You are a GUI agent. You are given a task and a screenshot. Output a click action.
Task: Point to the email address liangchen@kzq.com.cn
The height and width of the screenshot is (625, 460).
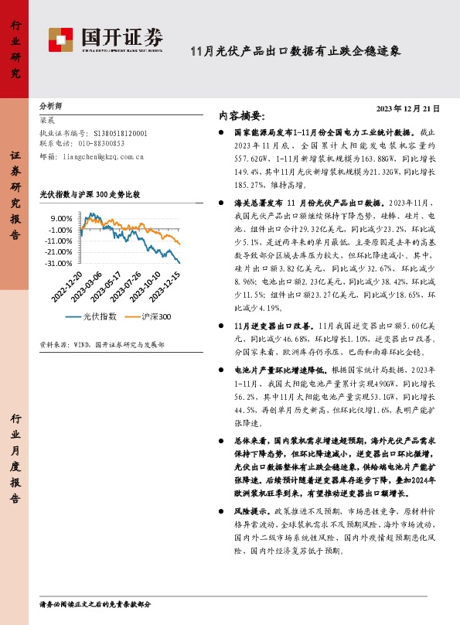point(104,155)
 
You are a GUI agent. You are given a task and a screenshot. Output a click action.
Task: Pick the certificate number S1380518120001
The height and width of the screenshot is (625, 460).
point(119,133)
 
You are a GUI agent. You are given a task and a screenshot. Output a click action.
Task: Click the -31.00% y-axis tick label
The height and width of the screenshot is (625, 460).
point(57,264)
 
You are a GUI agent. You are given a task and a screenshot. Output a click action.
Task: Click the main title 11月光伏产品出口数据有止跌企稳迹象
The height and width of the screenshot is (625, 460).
point(296,52)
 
